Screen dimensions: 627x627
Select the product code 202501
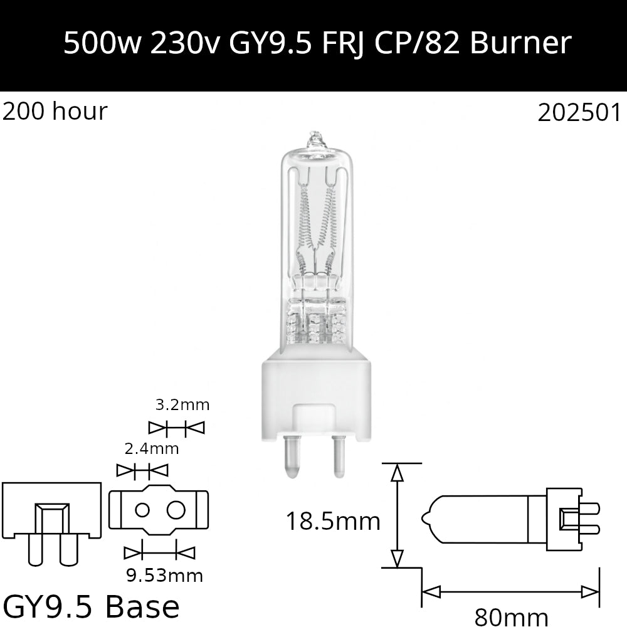coord(579,113)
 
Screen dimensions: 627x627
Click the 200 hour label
coord(55,112)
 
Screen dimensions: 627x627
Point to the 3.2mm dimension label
coord(182,404)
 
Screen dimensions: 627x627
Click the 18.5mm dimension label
coord(333,520)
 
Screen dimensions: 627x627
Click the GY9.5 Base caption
coord(92,606)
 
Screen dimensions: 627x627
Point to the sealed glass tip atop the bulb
coord(315,139)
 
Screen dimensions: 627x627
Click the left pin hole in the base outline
coord(142,510)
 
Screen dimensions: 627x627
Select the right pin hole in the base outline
coord(176,510)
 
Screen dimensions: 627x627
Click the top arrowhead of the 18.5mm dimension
coord(396,472)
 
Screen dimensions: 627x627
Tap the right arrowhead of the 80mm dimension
coord(591,591)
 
